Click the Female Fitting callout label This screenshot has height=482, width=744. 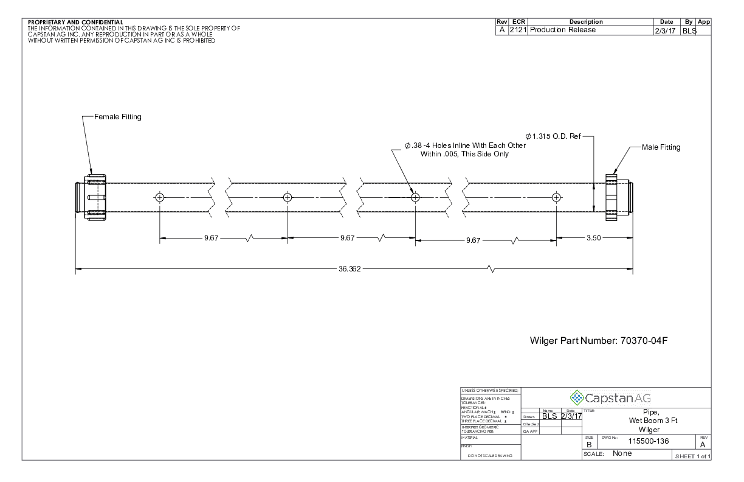[x=117, y=117]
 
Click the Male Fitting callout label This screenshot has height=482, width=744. [x=661, y=147]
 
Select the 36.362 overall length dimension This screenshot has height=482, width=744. [x=350, y=269]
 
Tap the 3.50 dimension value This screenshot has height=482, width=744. [x=593, y=238]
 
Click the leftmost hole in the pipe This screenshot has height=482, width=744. [x=160, y=197]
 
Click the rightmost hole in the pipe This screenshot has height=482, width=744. [x=556, y=197]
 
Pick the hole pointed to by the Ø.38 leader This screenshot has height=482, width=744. [x=415, y=197]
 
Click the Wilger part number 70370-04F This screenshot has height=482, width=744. [x=599, y=341]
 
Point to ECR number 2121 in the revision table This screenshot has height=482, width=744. [x=518, y=30]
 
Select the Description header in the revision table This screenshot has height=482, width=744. [x=586, y=22]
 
